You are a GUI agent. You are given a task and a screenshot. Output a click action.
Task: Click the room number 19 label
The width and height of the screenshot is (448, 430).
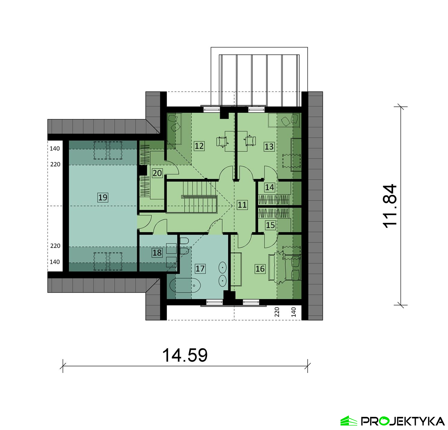103,197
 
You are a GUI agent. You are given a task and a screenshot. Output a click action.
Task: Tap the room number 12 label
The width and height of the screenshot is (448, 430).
199,146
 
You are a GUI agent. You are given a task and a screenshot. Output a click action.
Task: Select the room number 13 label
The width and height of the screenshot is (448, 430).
269,147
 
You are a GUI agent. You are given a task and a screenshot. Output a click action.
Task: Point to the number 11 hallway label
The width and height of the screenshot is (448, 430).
242,205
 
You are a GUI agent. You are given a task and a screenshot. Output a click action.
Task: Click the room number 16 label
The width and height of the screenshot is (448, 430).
260,269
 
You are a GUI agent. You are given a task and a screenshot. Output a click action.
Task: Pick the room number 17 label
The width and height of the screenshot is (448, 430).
200,269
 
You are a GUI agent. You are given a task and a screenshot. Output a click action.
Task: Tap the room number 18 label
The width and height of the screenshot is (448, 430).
157,253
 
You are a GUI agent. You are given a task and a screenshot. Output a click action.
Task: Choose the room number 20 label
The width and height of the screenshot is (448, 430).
157,173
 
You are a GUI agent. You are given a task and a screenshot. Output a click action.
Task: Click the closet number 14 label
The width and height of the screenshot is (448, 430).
269,187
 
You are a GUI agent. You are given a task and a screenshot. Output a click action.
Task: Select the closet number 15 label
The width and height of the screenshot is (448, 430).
270,225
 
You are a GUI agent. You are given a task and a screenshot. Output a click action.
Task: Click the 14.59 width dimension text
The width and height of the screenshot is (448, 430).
185,355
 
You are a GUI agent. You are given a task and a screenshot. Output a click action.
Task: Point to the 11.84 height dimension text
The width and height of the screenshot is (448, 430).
390,206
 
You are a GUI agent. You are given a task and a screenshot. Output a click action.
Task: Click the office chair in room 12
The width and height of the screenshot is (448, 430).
222,141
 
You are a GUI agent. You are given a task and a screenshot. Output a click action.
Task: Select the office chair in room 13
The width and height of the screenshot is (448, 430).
250,141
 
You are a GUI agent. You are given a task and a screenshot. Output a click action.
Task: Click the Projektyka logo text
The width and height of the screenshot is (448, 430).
403,421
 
